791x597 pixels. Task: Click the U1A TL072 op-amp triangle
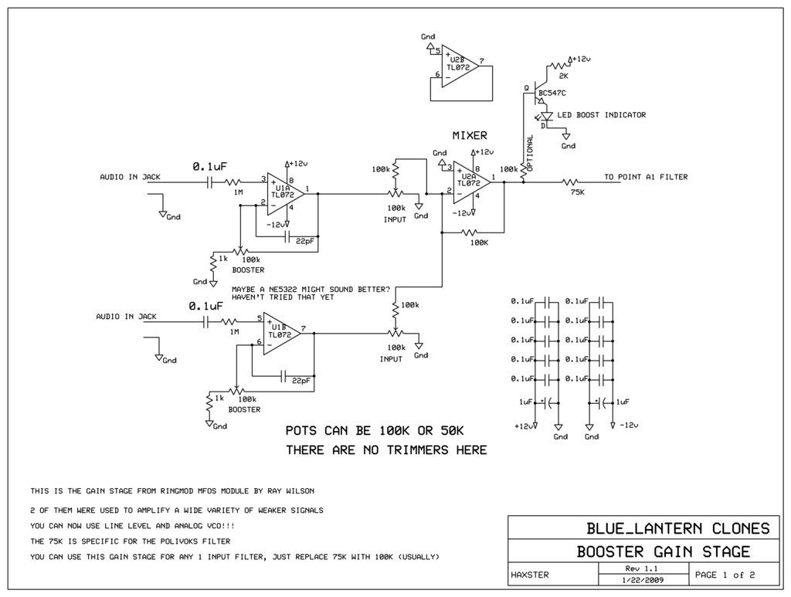[x=286, y=192]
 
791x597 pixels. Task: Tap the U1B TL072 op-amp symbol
[x=281, y=333]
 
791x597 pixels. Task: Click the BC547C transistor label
[x=552, y=93]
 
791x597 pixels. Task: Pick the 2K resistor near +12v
[x=558, y=66]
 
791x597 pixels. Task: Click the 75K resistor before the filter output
[x=571, y=181]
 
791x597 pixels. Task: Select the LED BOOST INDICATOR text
[x=601, y=115]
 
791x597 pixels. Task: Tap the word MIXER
[x=470, y=136]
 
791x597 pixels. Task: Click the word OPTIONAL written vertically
[x=530, y=153]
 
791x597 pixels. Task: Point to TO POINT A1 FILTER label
[x=646, y=177]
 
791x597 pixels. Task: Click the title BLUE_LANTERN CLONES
[x=678, y=528]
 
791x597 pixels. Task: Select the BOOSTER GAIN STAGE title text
[x=664, y=551]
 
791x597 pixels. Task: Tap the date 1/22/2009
[x=643, y=580]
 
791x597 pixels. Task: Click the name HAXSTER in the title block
[x=530, y=575]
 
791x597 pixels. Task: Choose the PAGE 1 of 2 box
[x=734, y=575]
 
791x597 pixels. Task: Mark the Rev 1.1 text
[x=642, y=568]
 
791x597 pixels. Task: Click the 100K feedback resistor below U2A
[x=470, y=232]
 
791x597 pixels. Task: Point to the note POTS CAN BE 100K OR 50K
[x=375, y=431]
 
